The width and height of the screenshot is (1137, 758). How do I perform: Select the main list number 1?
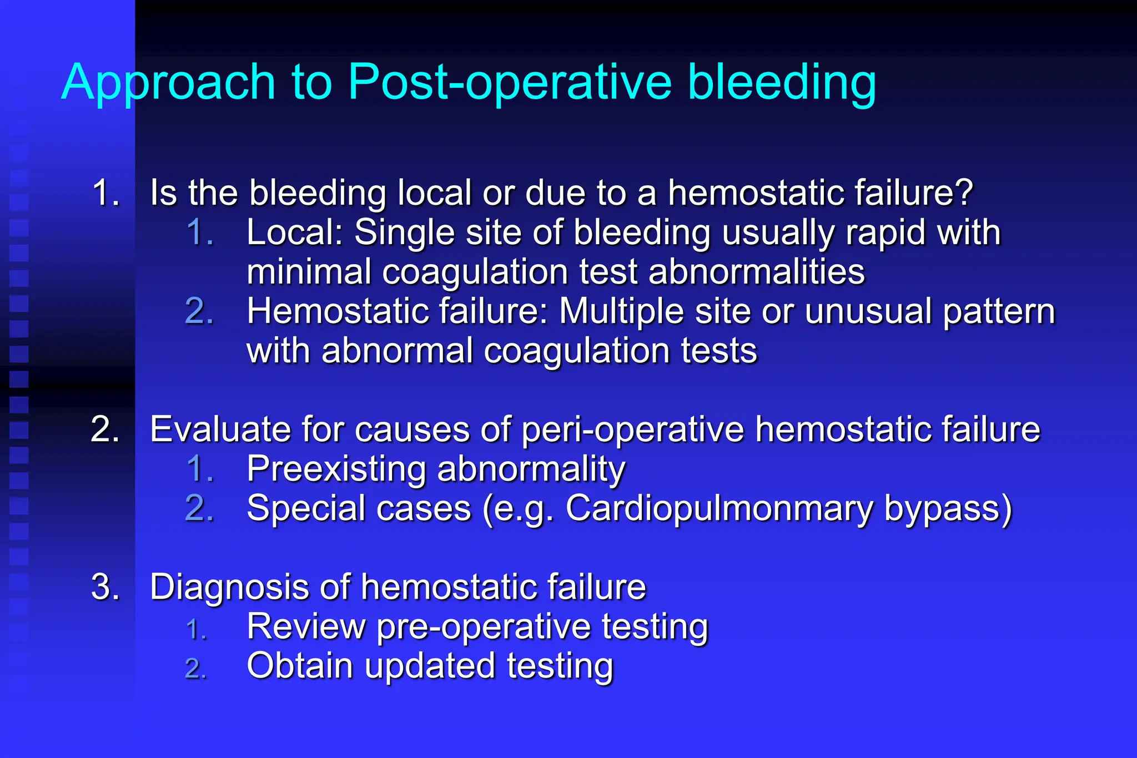click(x=105, y=193)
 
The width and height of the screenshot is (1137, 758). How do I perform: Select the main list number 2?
click(x=105, y=429)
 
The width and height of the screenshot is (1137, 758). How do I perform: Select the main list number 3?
click(x=105, y=587)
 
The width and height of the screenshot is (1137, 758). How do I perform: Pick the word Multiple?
click(x=621, y=311)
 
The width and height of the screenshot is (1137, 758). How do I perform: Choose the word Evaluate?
click(x=219, y=429)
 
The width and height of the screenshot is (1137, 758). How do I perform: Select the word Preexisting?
click(x=336, y=469)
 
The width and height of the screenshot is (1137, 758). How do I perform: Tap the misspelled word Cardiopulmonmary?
click(x=718, y=509)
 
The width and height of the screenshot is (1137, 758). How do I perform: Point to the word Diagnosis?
click(x=228, y=588)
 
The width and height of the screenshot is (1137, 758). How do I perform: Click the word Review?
click(x=306, y=626)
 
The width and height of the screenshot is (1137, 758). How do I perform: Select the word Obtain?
click(x=300, y=666)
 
